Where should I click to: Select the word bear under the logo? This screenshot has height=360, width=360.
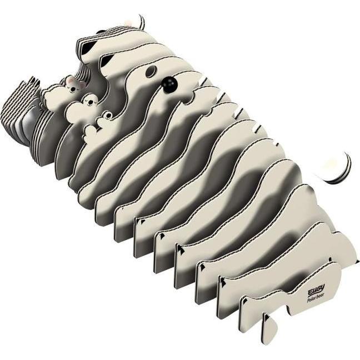tap(321, 295)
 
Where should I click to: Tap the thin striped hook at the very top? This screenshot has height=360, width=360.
tap(142, 22)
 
